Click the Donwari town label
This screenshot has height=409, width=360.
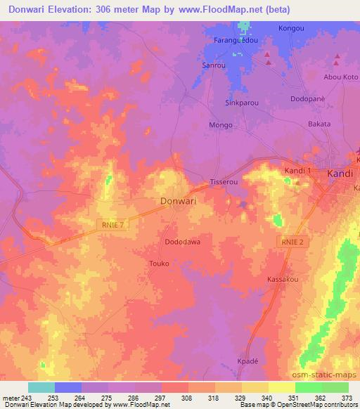pos(179,201)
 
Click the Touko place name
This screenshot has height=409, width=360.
pos(160,264)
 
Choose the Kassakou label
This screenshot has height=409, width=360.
pos(283,280)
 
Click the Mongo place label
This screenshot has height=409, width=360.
pos(221,125)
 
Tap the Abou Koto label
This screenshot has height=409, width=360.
pos(340,77)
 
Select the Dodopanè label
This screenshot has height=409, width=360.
pos(308,98)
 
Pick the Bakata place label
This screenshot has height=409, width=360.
pos(319,124)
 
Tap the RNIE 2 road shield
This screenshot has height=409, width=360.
pos(289,241)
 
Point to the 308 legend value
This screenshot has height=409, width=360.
pos(187,398)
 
